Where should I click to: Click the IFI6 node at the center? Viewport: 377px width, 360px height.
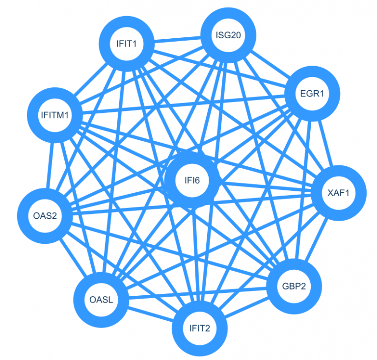point(192,180)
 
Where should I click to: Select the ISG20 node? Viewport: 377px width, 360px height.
point(228,35)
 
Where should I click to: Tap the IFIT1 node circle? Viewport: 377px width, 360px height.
point(127,44)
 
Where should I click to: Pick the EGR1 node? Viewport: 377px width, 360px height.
point(312,93)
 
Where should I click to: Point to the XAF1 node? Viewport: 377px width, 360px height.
point(339,193)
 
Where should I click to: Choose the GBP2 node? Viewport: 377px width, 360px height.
point(294,286)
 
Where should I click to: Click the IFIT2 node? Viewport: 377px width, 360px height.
point(200,328)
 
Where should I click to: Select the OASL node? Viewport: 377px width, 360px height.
point(101,300)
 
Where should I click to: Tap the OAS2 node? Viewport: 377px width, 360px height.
point(45,216)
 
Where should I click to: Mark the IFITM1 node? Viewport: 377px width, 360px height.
point(55,115)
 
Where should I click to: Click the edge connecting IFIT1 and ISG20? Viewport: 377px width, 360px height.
point(177,39)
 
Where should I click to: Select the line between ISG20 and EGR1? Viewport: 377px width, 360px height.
point(270,65)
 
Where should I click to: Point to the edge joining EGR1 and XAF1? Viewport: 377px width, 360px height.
point(325,143)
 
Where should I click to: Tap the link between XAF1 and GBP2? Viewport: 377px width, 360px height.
point(316,240)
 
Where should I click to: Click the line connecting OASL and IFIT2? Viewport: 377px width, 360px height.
point(150,314)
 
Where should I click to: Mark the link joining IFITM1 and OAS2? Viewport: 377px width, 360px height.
point(50,165)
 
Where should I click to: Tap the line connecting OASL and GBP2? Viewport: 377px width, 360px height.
point(197,293)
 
